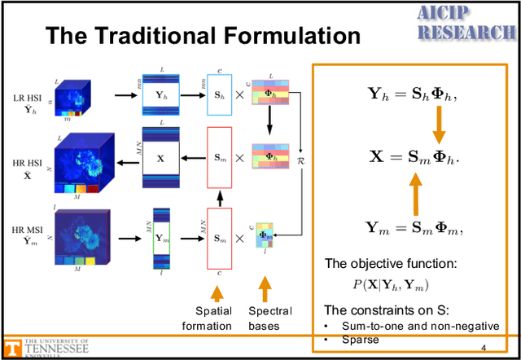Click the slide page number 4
483,348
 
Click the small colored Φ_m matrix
263,236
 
